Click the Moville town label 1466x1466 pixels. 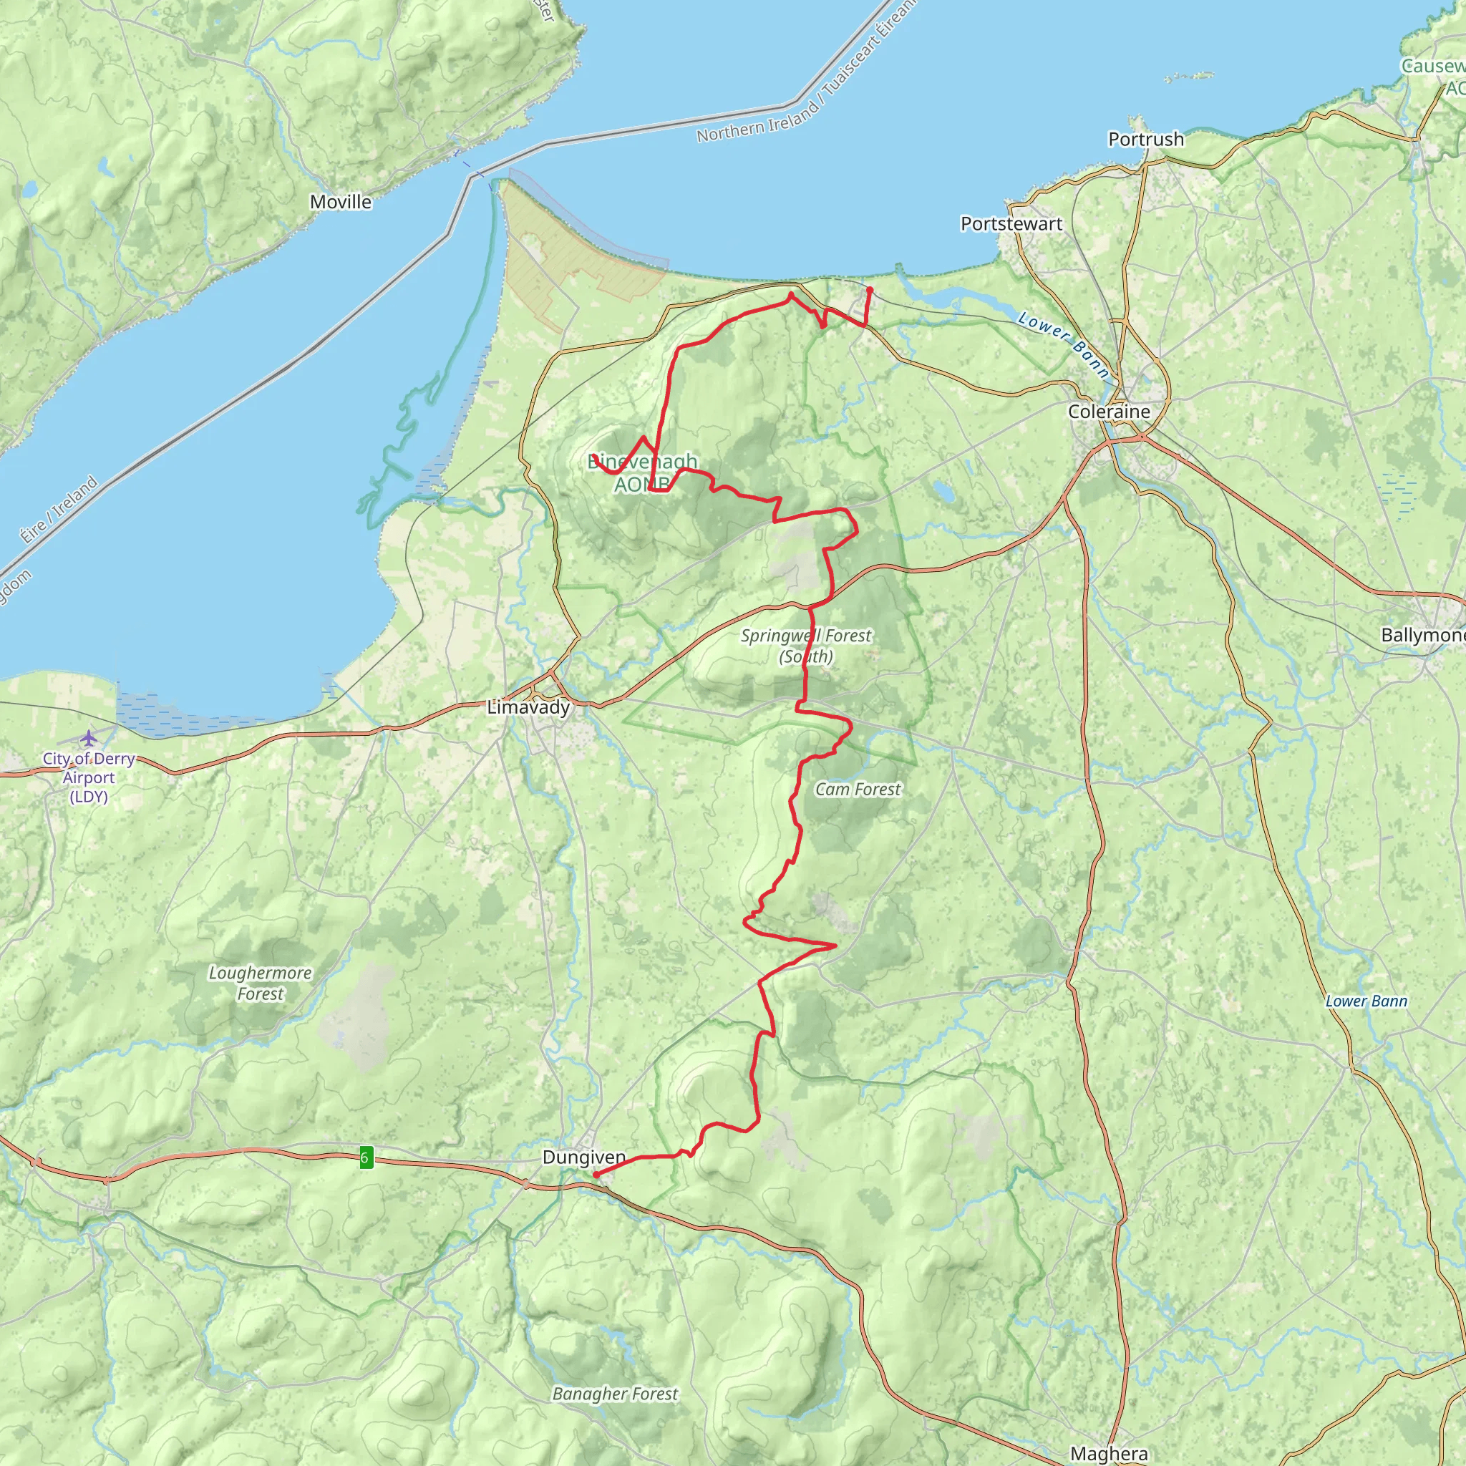tap(341, 202)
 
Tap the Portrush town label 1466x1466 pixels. tap(1146, 140)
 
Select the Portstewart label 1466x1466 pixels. tap(1011, 224)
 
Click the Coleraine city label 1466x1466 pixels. tap(1109, 412)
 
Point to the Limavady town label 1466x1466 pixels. tap(528, 707)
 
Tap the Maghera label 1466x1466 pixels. tap(1109, 1453)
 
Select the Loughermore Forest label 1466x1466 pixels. tap(261, 984)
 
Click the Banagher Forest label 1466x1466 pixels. tap(615, 1394)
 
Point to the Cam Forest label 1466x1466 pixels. tap(858, 789)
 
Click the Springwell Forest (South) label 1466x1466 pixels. tap(806, 646)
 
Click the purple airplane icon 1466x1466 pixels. tap(89, 737)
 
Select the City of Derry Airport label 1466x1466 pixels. tap(89, 777)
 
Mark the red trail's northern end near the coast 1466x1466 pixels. tap(870, 289)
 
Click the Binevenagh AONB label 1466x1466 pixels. tap(643, 472)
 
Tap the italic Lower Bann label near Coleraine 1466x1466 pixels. tap(1063, 344)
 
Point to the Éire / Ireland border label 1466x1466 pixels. tap(59, 509)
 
